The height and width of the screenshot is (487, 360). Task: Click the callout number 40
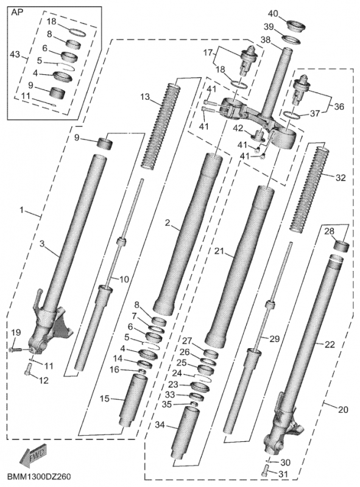(273, 13)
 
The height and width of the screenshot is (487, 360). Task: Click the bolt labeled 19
(16, 349)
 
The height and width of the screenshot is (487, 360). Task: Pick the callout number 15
(105, 399)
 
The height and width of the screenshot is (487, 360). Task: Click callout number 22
(330, 345)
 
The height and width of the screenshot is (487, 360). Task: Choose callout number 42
(238, 128)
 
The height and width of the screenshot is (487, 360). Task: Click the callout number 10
(124, 279)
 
